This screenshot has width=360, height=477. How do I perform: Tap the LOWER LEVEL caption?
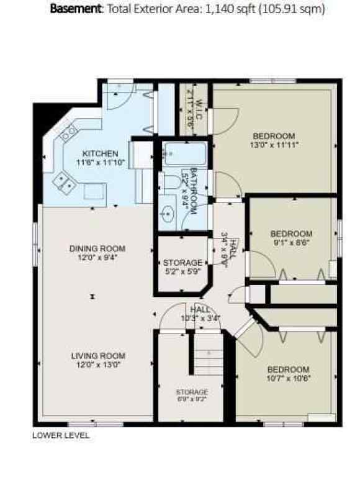(x=61, y=435)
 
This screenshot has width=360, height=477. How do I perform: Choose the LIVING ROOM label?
(x=98, y=356)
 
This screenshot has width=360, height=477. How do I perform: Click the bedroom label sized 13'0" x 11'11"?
(x=274, y=136)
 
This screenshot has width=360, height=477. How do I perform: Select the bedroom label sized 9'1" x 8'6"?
(x=291, y=234)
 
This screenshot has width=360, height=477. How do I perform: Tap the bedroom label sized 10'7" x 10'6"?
(x=289, y=369)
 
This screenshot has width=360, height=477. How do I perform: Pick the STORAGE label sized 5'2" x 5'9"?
(x=182, y=263)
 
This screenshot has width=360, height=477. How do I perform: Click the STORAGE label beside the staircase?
(x=191, y=393)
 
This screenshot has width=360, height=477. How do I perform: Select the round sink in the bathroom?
(x=167, y=215)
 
